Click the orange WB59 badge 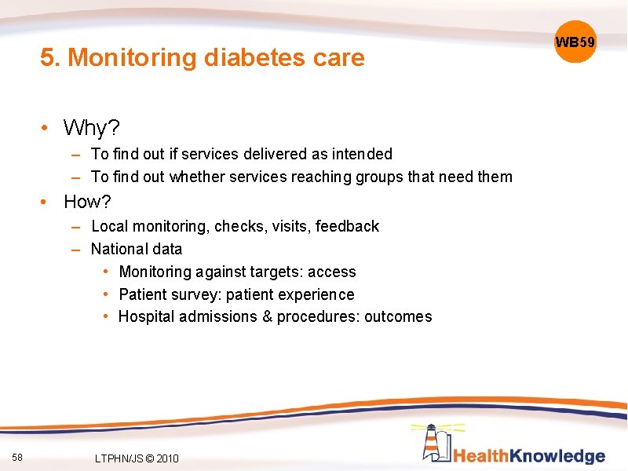pos(575,42)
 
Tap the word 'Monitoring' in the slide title pos(133,58)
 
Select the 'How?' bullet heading pos(87,202)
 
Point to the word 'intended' pos(362,154)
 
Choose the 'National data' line pos(137,249)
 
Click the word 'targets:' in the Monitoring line pos(275,272)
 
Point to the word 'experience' pos(317,294)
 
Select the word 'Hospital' pos(147,316)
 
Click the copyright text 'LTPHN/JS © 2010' pos(135,458)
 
